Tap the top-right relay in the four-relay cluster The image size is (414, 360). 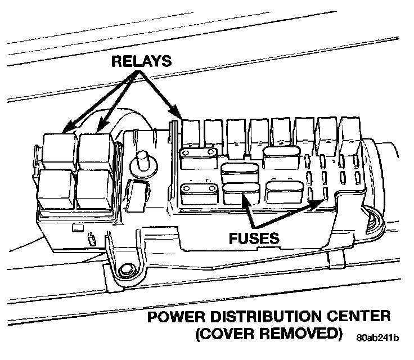[97, 149]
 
